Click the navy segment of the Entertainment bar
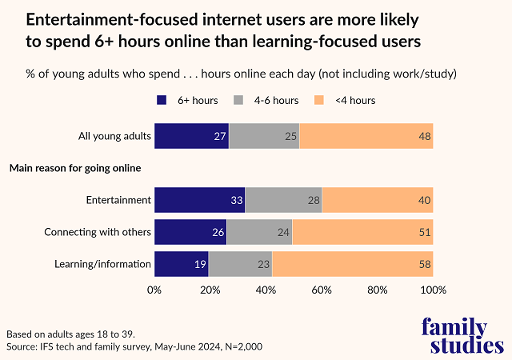pos(199,199)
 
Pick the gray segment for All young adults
pos(264,136)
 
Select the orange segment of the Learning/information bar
pos(353,263)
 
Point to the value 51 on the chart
pos(425,232)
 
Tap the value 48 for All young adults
pos(425,136)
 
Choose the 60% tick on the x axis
pos(322,290)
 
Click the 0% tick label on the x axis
pos(154,290)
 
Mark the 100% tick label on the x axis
pos(432,290)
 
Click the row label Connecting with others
pos(98,232)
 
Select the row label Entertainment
pos(118,199)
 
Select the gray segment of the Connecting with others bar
pos(259,232)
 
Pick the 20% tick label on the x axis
pos(210,290)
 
